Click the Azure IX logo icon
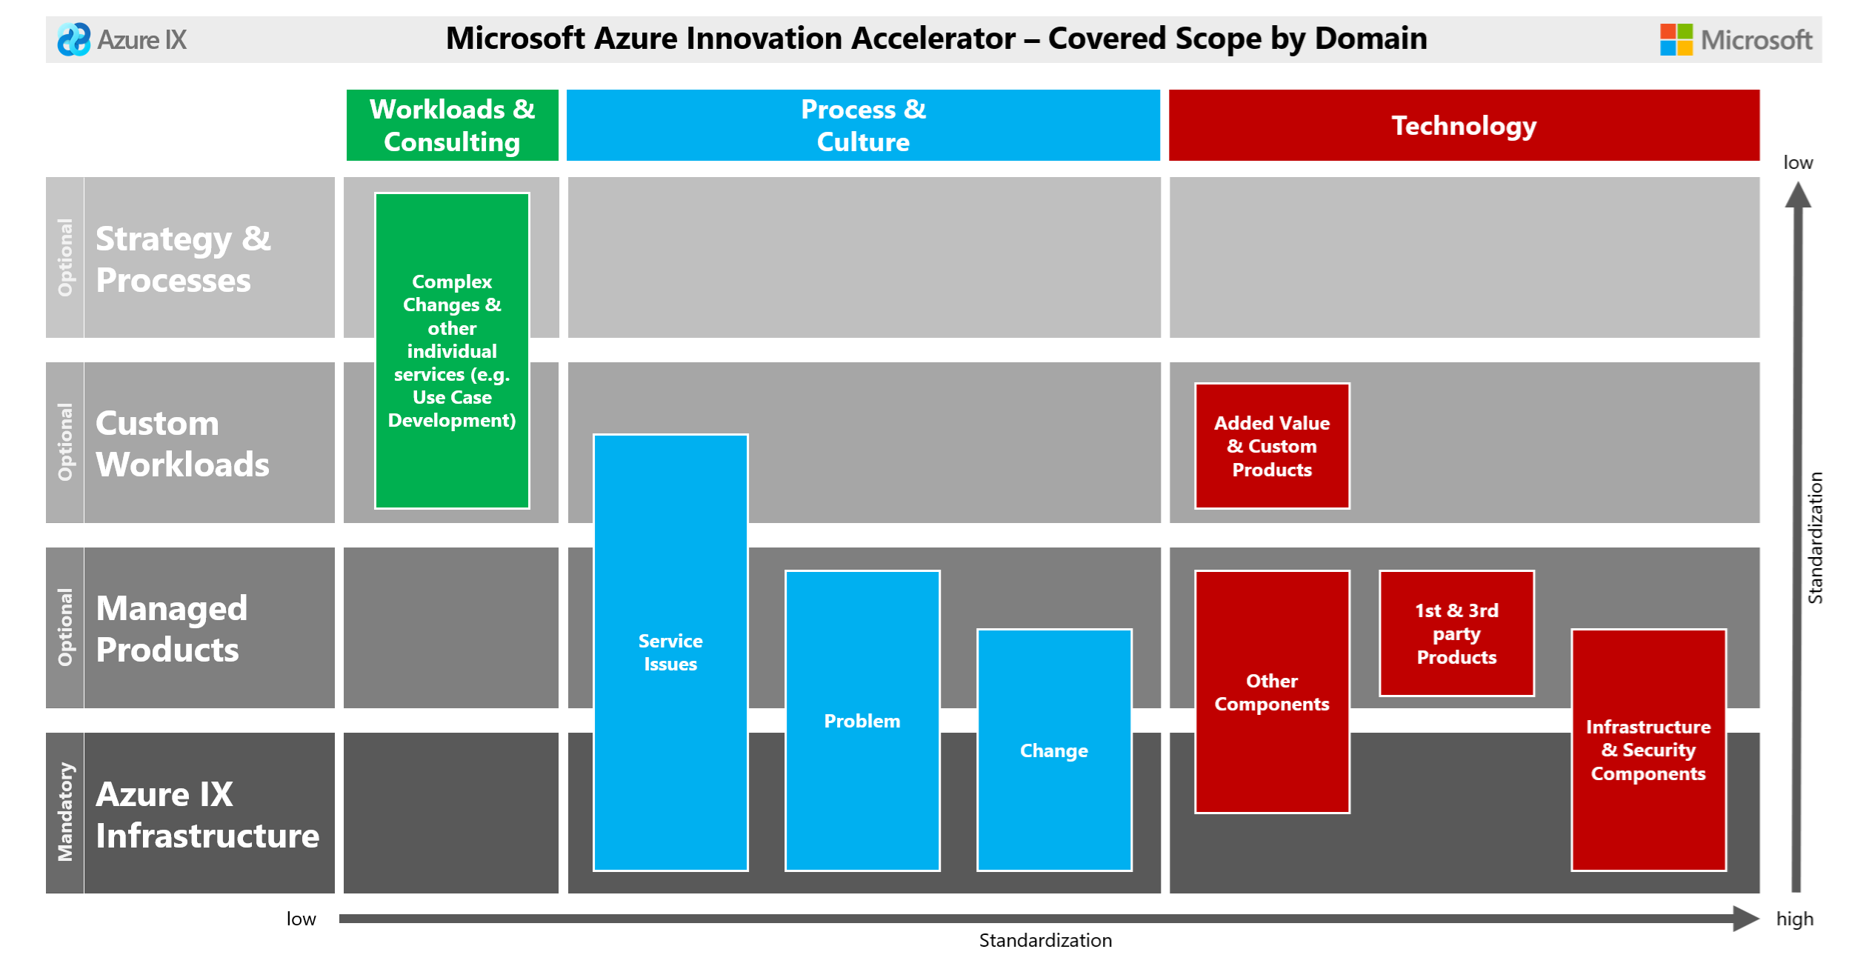click(73, 39)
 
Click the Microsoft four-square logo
click(1676, 39)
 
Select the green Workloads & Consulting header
click(452, 125)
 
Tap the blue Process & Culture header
click(863, 125)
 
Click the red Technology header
click(1464, 125)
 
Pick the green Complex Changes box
click(452, 350)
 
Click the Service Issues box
click(670, 652)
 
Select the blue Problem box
click(862, 720)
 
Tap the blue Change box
click(1054, 750)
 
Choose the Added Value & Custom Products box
click(1272, 446)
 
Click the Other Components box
click(1272, 691)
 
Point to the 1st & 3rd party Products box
click(1456, 633)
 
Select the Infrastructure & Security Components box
click(1648, 750)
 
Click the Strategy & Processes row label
click(184, 259)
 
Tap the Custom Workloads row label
click(182, 443)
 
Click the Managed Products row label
click(172, 628)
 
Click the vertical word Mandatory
click(65, 811)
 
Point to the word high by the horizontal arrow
click(1794, 919)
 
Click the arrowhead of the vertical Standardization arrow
click(1798, 196)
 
